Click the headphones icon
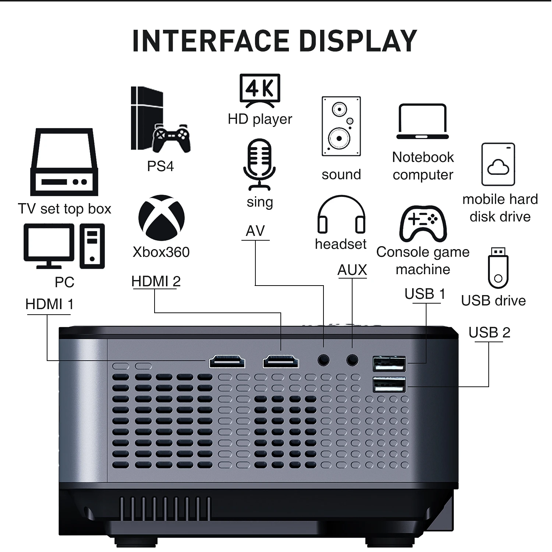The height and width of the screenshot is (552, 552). [x=341, y=215]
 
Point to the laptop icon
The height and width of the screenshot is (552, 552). [x=422, y=121]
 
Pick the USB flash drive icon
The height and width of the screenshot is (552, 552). [x=498, y=268]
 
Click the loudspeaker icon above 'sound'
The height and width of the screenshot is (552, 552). [x=341, y=126]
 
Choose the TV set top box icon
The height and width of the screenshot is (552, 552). [x=64, y=162]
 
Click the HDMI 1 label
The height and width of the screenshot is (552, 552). [x=49, y=305]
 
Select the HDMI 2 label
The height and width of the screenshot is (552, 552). [x=156, y=282]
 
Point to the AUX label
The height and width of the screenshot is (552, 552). [x=352, y=270]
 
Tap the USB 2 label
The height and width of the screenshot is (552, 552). [x=489, y=333]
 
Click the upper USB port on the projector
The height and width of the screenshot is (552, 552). [x=389, y=364]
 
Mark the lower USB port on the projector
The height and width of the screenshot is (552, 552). [x=389, y=385]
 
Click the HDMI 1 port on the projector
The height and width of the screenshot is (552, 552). [x=227, y=362]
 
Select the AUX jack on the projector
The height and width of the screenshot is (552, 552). [x=352, y=360]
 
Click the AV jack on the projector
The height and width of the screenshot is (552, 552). [x=323, y=360]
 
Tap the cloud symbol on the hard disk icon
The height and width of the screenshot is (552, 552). [x=498, y=167]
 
